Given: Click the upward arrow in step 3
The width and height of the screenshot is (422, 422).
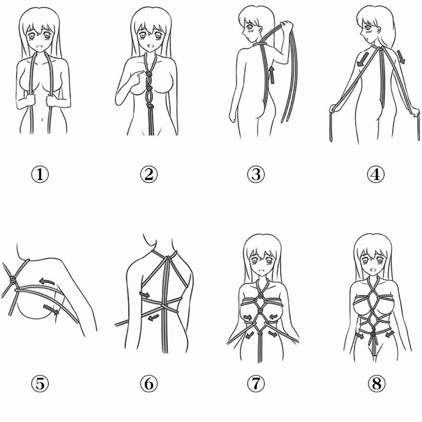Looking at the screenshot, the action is point(272,75).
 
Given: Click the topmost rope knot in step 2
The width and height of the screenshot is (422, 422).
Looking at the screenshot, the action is point(148,75).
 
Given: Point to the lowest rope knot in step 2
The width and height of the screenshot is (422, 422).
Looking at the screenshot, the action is point(149,107).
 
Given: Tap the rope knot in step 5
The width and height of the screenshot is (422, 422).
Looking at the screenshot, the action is point(13,281).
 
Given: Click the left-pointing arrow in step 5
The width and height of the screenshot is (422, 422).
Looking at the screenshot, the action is point(46,281).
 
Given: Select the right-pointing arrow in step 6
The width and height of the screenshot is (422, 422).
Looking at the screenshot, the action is point(145,295).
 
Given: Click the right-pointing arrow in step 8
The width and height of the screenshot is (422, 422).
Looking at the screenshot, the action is point(359,336).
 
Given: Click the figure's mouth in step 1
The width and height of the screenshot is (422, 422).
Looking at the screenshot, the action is point(40,47).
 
